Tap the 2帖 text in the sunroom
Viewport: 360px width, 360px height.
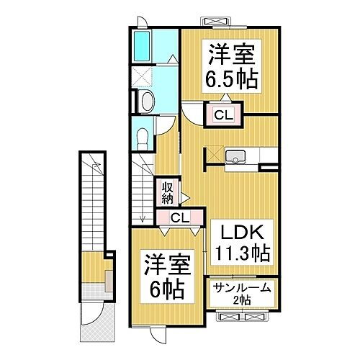pyautogui.click(x=240, y=300)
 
